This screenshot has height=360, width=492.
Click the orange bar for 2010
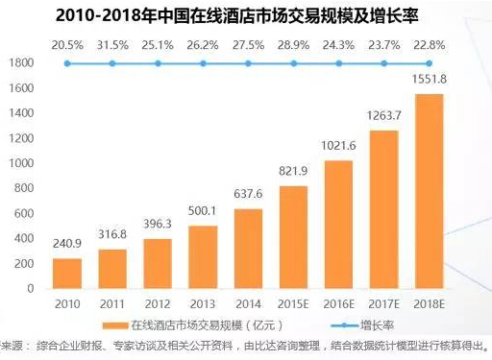67,274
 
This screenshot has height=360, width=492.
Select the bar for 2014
248,249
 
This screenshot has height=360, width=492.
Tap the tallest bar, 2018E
430,191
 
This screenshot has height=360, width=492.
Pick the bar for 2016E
338,225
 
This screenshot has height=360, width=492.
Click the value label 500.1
202,211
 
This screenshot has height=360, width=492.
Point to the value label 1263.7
383,115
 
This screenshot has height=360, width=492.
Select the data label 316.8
112,234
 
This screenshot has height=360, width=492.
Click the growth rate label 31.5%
112,45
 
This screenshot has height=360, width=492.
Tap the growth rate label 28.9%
293,45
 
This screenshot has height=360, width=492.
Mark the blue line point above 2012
158,63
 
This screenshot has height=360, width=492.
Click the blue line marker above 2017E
383,63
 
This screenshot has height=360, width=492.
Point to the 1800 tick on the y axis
21,62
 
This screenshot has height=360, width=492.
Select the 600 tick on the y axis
24,213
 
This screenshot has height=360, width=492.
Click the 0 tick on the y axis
30,289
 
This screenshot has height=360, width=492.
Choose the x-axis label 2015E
293,304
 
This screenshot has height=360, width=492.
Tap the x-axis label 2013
203,304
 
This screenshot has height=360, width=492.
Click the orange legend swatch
115,325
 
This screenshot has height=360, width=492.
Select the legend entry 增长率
377,325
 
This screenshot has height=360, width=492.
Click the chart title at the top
237,15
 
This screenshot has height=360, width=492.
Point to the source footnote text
244,346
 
